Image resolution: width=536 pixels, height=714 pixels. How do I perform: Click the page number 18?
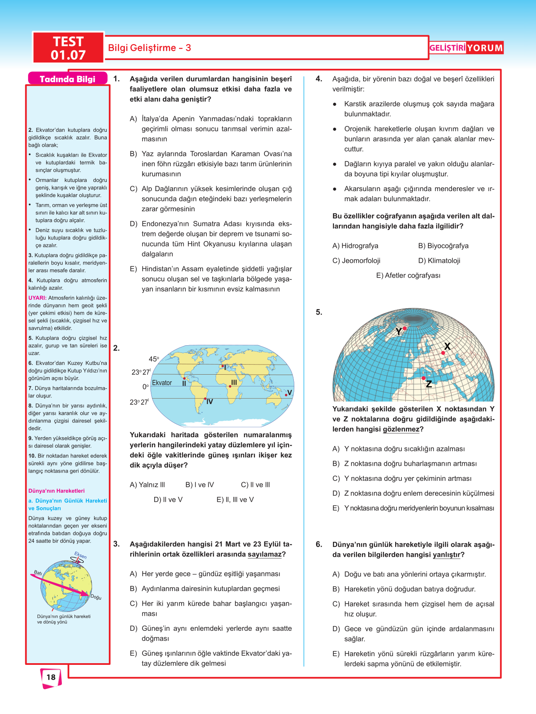[x=51, y=677]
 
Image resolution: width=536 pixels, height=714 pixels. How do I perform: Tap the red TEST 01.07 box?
[x=68, y=48]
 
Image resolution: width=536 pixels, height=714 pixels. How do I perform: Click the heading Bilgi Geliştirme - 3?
[x=150, y=48]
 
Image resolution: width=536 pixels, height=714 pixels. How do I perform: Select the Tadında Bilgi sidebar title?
[x=67, y=79]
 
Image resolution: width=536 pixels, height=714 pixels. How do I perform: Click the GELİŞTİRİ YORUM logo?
[x=466, y=48]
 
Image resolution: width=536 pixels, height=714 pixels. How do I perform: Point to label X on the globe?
[x=447, y=346]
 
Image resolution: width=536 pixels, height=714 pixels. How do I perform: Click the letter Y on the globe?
[x=399, y=332]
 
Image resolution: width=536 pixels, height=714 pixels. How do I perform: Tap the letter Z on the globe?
[x=429, y=384]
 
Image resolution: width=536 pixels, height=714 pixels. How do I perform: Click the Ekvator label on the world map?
[x=162, y=383]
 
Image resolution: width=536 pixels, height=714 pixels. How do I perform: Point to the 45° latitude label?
[x=154, y=359]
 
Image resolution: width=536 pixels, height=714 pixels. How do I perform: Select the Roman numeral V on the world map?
[x=290, y=393]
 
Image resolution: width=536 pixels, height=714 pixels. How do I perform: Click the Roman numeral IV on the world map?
[x=209, y=402]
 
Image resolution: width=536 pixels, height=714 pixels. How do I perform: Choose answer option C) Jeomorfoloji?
[x=356, y=261]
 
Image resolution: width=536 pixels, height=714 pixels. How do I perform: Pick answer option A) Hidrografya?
[x=355, y=246]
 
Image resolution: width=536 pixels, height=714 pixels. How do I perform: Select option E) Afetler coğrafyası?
[x=408, y=276]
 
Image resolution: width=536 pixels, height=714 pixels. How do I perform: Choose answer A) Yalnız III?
[x=147, y=485]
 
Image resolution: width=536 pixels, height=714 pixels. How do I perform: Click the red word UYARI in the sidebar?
[x=37, y=298]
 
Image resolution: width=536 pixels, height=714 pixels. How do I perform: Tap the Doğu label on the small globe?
[x=96, y=597]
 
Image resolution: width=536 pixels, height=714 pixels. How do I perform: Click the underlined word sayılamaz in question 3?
[x=264, y=554]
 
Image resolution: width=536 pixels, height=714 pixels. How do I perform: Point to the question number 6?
[x=319, y=545]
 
